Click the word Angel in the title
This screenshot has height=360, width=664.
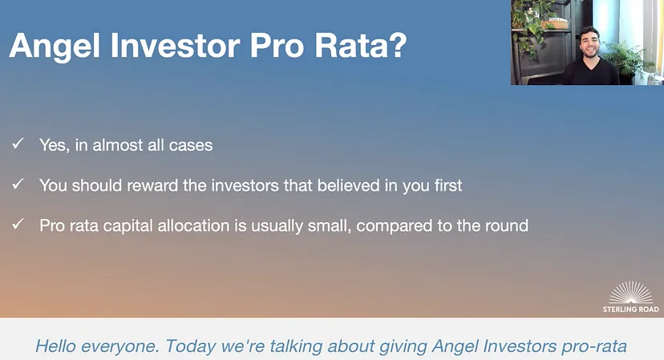[55, 46]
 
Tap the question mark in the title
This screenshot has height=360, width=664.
[398, 44]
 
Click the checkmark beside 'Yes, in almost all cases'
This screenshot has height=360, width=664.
[18, 144]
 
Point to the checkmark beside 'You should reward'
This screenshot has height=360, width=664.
[18, 184]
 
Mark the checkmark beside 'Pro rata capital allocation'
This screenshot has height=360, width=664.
[18, 224]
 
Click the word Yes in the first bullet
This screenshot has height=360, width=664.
[55, 145]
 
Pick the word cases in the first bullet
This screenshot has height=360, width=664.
[191, 146]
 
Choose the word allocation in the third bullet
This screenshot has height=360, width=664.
[193, 226]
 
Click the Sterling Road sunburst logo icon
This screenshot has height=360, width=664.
[631, 292]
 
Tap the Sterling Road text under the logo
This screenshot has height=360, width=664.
[631, 309]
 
